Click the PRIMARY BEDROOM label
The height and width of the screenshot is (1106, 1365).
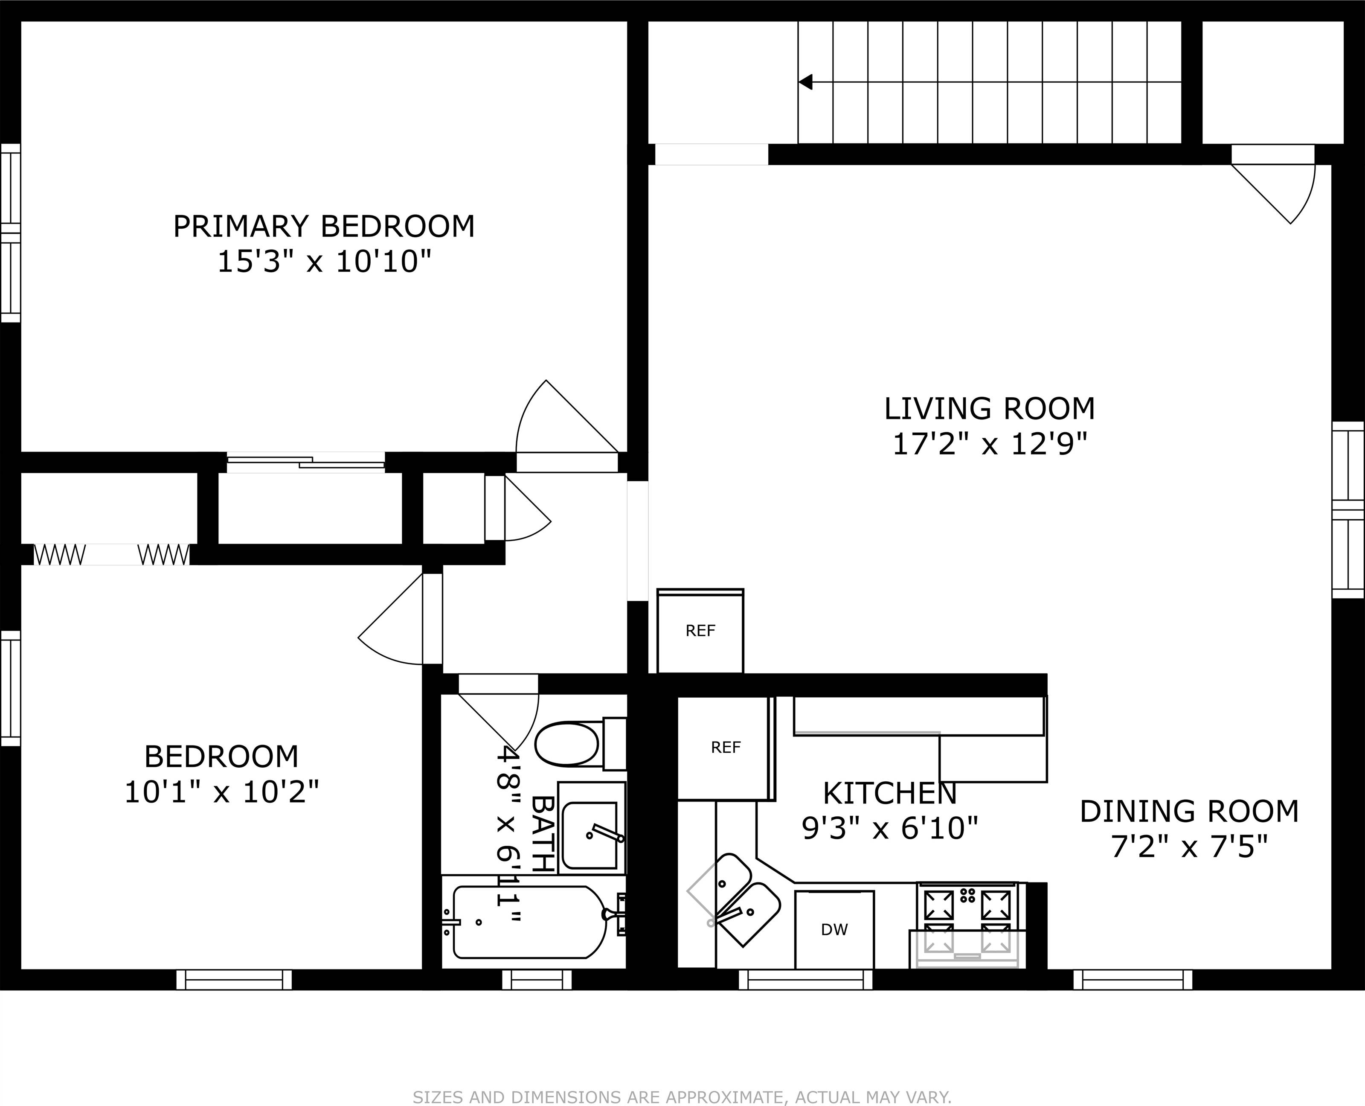(x=324, y=227)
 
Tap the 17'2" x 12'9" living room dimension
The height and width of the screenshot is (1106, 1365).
(x=989, y=444)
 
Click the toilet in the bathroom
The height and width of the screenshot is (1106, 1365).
(x=580, y=743)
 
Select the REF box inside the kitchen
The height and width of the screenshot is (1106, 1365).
(x=726, y=748)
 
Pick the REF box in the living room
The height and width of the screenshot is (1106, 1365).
(x=700, y=631)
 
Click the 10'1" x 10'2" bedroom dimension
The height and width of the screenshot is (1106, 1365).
(x=221, y=792)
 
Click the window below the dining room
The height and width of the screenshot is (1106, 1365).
(x=1133, y=980)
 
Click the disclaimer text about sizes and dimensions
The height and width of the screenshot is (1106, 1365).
(x=682, y=1097)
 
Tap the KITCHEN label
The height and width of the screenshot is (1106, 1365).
(x=890, y=794)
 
